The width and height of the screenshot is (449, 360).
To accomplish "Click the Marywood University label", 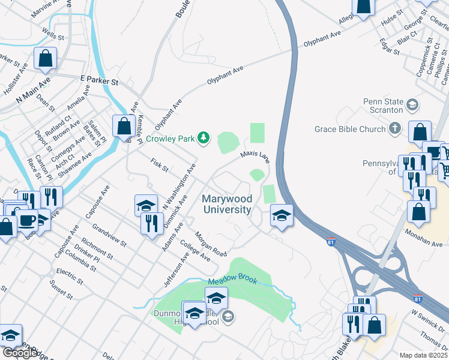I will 226,204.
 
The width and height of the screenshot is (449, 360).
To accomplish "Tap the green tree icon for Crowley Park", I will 204,139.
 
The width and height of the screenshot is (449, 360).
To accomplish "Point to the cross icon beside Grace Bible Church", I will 394,128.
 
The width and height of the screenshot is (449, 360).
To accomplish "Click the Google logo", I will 20,353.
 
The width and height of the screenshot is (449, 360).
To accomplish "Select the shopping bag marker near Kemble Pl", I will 123,126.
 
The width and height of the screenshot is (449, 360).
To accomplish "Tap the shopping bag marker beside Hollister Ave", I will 46,58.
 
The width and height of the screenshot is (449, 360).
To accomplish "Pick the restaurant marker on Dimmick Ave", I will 151,223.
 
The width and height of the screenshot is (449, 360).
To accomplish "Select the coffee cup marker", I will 26,220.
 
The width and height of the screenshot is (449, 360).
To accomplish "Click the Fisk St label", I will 160,165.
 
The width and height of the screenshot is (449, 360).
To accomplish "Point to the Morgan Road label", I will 211,243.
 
